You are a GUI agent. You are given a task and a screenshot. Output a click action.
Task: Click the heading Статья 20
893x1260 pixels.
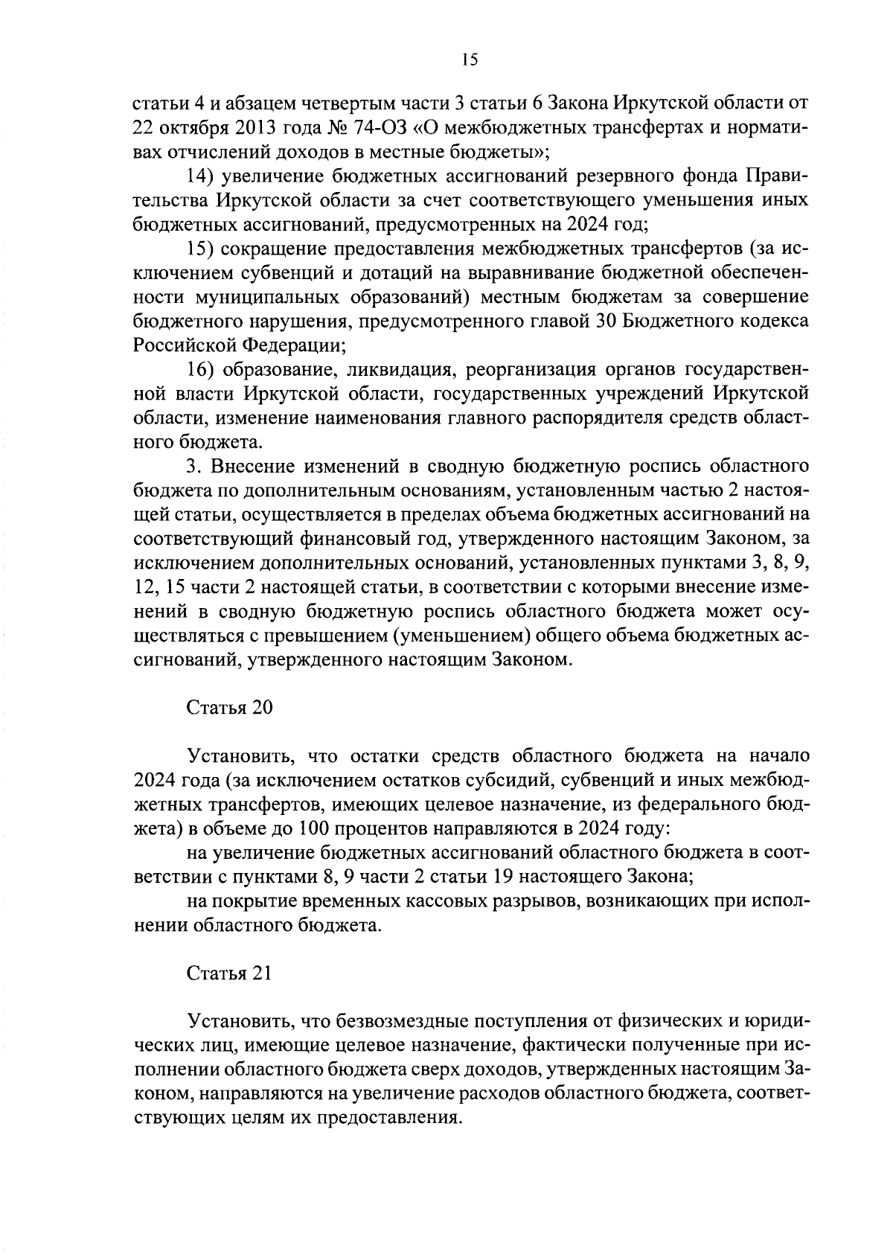pyautogui.click(x=229, y=708)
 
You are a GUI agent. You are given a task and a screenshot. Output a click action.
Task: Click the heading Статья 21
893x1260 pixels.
pyautogui.click(x=228, y=973)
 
